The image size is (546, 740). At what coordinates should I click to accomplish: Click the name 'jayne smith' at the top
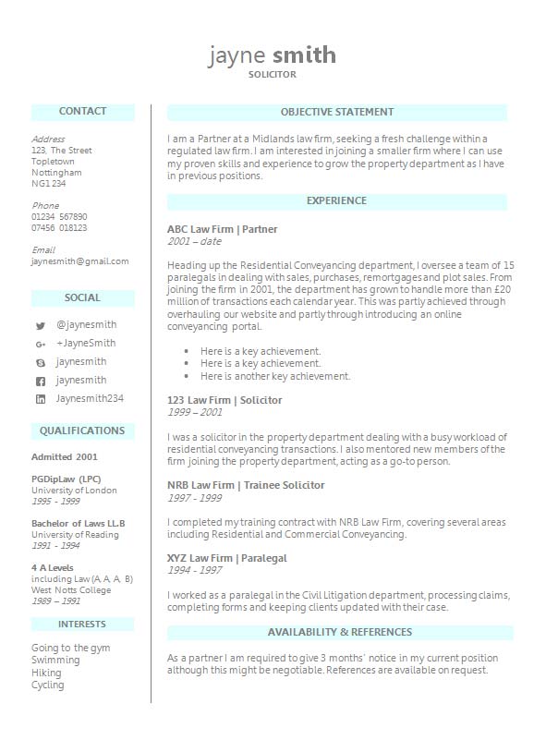[x=273, y=55]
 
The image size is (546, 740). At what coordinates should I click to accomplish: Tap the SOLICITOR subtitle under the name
[x=273, y=74]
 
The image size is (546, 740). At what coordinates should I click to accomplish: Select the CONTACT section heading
[x=82, y=112]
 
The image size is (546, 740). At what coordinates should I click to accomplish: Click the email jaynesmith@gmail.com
[x=80, y=261]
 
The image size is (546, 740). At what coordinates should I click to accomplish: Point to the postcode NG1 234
[x=49, y=184]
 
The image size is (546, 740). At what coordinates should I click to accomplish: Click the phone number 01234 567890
[x=59, y=217]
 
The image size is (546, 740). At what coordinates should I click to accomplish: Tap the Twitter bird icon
[x=41, y=326]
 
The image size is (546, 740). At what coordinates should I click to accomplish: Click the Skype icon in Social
[x=41, y=363]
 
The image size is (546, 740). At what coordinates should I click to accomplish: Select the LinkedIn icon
[x=41, y=400]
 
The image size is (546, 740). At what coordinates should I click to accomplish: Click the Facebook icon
[x=41, y=382]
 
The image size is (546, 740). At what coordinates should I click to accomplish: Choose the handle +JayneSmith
[x=86, y=344]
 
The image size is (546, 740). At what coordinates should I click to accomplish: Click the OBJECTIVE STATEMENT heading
[x=337, y=113]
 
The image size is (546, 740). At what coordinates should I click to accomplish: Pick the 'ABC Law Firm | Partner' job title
[x=223, y=229]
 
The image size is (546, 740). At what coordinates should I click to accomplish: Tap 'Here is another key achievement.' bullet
[x=275, y=377]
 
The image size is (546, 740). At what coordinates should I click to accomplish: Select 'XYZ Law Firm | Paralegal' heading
[x=227, y=559]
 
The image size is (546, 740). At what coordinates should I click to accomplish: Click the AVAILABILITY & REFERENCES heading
[x=340, y=633]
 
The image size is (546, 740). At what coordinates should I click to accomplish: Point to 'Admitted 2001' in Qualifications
[x=65, y=457]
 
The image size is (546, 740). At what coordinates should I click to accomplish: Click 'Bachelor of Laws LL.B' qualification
[x=79, y=524]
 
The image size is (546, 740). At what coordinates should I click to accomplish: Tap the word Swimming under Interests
[x=55, y=661]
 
